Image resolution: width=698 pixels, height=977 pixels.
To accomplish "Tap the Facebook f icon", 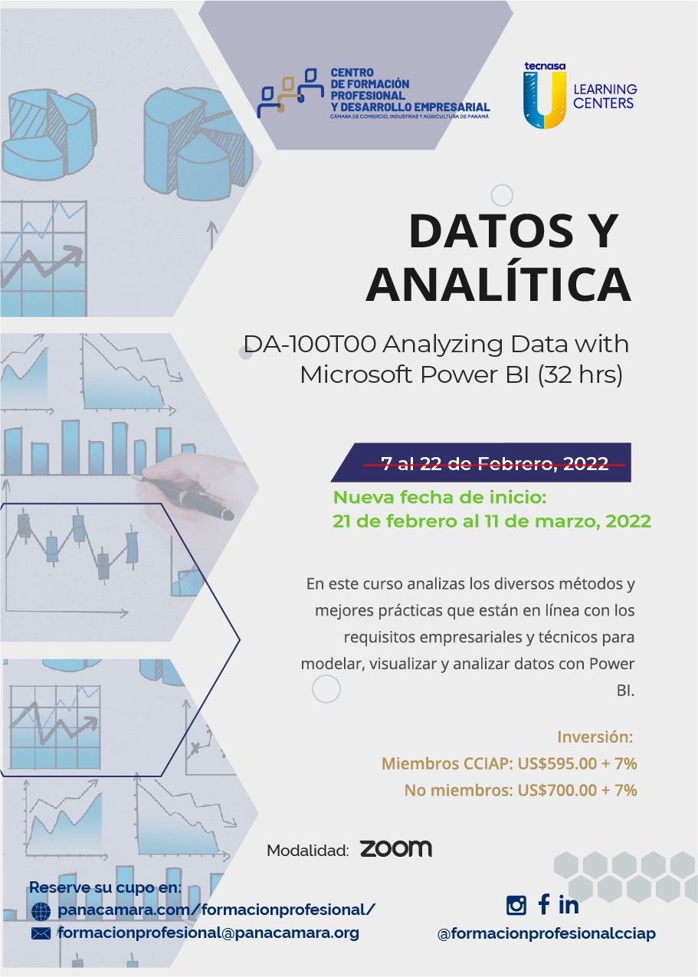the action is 543,903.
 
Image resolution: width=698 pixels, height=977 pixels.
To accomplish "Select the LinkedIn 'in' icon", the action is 569,905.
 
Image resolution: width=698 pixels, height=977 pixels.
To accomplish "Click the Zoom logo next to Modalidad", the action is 396,848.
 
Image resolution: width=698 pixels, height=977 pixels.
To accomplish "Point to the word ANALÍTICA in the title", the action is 499,283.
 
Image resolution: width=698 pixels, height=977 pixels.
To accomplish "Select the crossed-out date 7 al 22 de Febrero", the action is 494,462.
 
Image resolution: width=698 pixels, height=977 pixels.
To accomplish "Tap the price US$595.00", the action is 557,763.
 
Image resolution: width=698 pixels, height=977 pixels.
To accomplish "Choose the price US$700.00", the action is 557,790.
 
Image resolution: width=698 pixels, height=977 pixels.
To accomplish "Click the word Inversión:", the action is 595,737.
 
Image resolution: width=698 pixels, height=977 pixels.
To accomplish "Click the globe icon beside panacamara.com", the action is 41,911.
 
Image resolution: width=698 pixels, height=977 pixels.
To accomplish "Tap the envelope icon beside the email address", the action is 41,933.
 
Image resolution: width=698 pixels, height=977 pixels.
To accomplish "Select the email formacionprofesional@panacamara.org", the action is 208,933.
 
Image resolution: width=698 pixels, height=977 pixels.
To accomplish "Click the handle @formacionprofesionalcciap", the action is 546,933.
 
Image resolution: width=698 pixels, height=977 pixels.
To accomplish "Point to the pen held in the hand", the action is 185,496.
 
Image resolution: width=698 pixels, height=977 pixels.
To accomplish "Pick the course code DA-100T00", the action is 310,344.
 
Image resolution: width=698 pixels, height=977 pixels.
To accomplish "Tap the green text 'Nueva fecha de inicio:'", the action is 440,497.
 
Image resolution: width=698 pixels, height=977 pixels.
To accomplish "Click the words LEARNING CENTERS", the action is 605,96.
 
